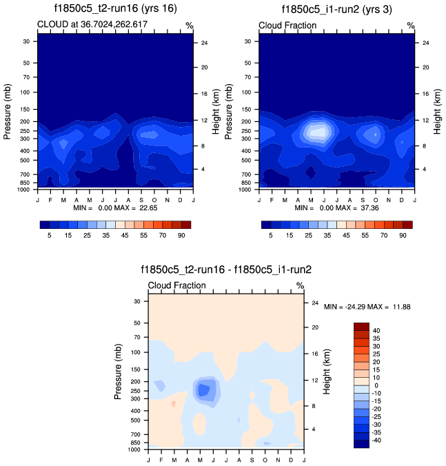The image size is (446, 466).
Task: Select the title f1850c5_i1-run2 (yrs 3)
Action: tap(337, 10)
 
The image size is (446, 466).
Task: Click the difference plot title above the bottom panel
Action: tap(226, 270)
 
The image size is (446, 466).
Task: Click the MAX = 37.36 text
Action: tap(361, 207)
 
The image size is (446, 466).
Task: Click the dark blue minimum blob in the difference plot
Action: tap(204, 390)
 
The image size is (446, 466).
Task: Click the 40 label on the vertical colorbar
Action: tap(376, 330)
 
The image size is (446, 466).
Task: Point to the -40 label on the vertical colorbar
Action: tap(377, 439)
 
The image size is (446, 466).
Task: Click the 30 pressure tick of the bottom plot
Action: tap(136, 301)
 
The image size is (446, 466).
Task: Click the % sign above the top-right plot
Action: tap(410, 26)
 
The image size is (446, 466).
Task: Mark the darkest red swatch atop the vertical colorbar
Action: tap(362, 327)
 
